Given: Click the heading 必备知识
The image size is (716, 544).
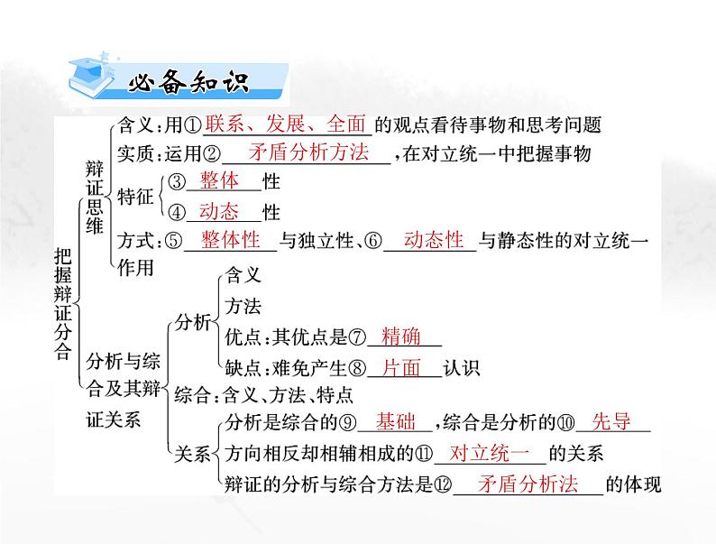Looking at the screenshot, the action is (x=188, y=84).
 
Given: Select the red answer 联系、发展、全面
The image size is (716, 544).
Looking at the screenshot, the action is (x=284, y=124).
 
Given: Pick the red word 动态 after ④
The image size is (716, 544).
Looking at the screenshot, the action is (x=220, y=212).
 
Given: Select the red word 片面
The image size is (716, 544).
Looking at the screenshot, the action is (x=401, y=367).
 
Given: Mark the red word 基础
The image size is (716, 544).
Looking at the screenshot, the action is (x=397, y=422).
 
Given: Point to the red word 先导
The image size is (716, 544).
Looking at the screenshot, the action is (x=610, y=422).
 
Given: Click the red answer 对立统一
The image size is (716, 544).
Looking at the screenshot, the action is (x=488, y=453).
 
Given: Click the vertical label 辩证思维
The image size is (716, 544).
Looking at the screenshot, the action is (x=95, y=198).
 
